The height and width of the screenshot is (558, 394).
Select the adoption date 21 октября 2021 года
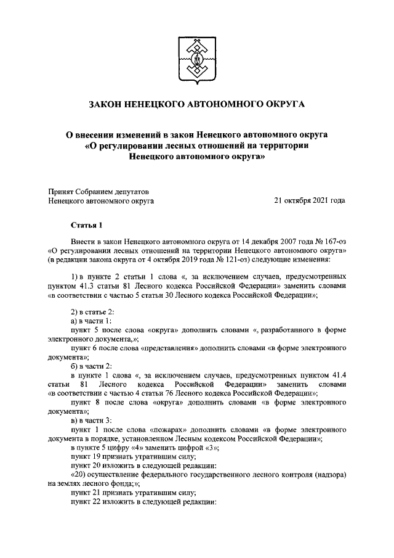click(309, 200)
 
